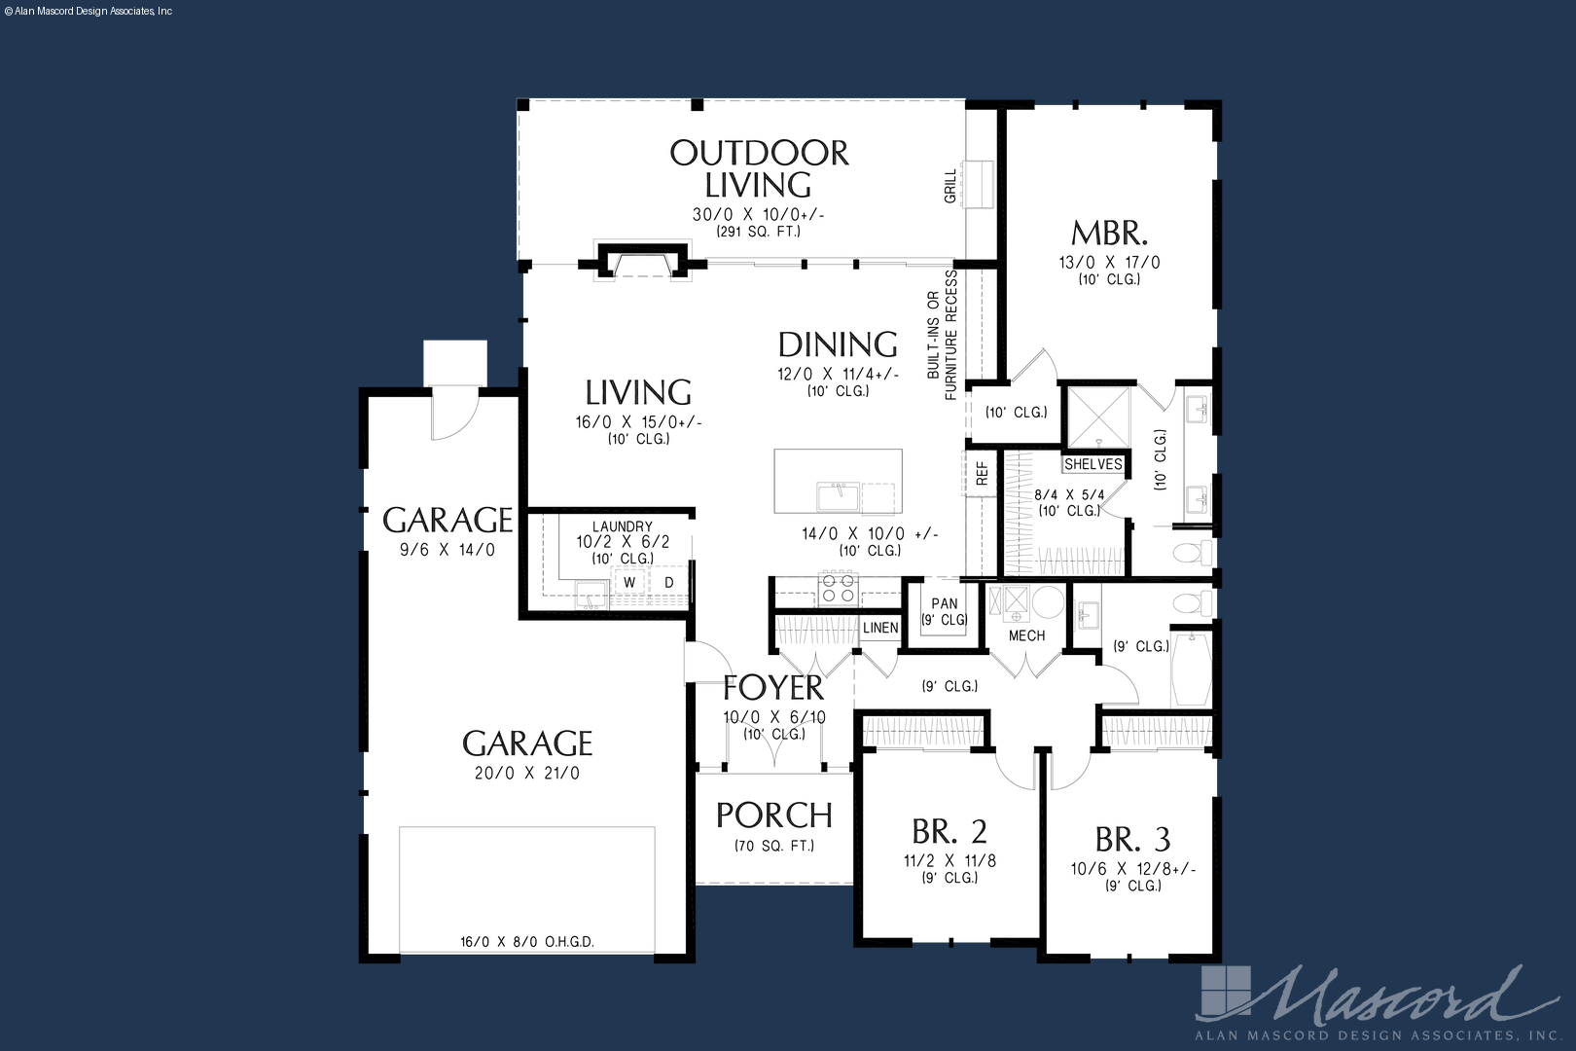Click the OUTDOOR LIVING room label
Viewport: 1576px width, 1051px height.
759,169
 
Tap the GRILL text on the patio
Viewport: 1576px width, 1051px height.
949,186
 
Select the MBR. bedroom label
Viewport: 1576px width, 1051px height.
1110,233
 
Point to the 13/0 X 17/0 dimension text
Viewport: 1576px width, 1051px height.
1110,262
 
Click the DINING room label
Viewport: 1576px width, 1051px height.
838,344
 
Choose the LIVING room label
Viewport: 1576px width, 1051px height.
638,392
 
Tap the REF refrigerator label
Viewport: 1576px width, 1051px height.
983,475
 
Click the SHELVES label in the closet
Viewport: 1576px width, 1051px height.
1093,464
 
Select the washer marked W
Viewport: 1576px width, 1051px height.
629,582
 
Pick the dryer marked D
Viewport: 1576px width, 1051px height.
669,582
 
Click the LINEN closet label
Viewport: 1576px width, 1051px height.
880,628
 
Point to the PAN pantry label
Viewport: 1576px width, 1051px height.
945,603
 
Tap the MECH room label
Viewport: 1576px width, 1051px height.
1026,635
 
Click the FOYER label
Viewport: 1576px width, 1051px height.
773,688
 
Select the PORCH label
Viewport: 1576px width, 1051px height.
774,815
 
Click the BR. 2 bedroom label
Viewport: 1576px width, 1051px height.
949,831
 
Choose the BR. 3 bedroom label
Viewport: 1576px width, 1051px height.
1132,839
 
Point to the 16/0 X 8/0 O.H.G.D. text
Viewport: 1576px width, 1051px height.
527,942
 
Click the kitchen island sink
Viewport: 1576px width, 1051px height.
838,495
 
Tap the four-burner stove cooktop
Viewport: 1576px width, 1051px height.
838,589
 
